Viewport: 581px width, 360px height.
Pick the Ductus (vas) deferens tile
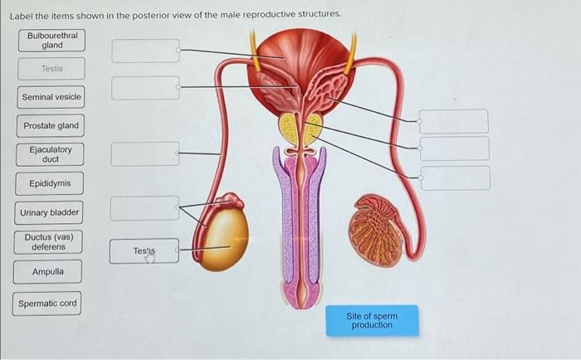click(49, 242)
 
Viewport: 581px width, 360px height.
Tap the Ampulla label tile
click(47, 272)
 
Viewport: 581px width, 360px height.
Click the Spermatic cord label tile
click(48, 303)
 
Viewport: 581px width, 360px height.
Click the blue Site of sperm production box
click(372, 320)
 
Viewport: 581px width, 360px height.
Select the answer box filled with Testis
click(144, 251)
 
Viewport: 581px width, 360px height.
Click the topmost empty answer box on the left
click(145, 51)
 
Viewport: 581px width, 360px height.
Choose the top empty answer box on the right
click(454, 120)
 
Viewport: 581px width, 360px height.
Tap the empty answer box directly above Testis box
click(144, 208)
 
